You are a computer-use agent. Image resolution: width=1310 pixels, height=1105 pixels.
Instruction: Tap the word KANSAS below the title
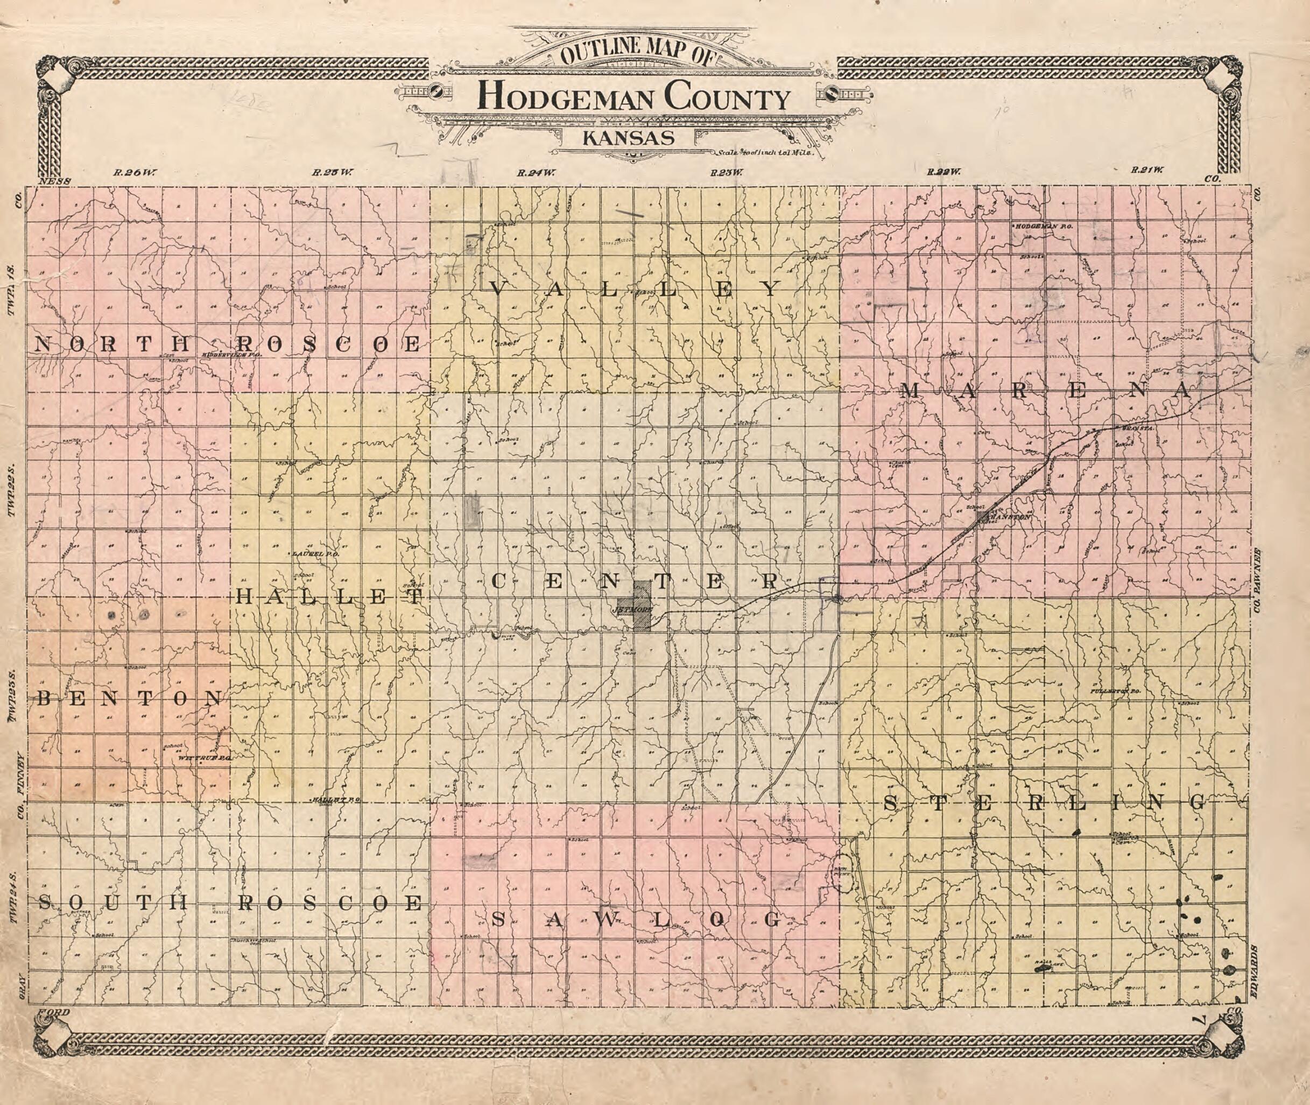pyautogui.click(x=629, y=138)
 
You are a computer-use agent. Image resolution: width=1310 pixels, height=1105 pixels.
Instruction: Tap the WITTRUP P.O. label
pyautogui.click(x=206, y=757)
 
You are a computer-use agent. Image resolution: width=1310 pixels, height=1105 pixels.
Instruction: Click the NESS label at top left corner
pyautogui.click(x=57, y=181)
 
